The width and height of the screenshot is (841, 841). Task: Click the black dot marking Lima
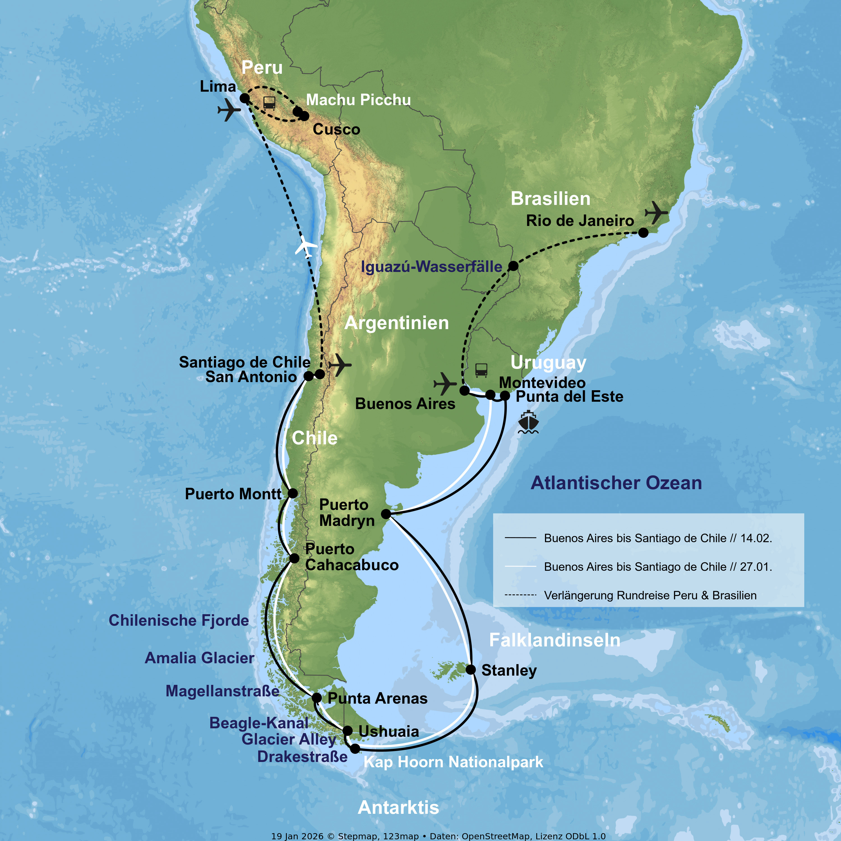click(x=245, y=98)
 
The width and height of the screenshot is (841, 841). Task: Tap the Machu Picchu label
click(x=358, y=100)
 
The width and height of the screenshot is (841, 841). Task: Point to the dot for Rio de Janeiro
click(x=643, y=233)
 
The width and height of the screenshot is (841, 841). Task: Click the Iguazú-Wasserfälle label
click(x=431, y=266)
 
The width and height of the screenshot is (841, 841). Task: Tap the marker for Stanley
click(x=471, y=669)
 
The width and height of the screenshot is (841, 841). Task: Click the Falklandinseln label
click(x=554, y=640)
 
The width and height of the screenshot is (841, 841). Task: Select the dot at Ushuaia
click(x=347, y=731)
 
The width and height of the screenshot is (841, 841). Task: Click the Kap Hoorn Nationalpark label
click(x=453, y=762)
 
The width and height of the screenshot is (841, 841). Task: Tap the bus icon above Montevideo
click(x=481, y=370)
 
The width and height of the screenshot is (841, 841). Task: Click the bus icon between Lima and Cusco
click(x=269, y=103)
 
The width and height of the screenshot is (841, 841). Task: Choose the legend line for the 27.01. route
click(x=520, y=566)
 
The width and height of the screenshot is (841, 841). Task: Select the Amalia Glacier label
click(x=199, y=658)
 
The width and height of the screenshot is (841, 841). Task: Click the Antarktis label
click(x=398, y=807)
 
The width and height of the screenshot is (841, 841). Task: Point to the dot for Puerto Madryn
click(x=386, y=514)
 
